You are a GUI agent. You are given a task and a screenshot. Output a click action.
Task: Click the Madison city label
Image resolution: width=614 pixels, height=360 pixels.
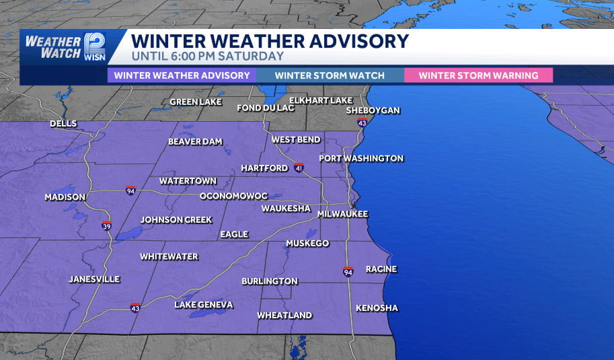[x=65, y=197]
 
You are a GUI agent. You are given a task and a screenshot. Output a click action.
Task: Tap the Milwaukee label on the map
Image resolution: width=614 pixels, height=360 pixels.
[x=343, y=213]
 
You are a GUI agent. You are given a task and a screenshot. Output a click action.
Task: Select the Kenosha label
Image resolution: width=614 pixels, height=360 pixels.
[x=377, y=308]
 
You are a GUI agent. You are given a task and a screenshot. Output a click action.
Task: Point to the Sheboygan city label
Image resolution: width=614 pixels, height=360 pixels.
[x=373, y=110]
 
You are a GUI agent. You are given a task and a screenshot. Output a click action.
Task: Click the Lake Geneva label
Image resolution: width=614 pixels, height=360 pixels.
[x=204, y=305]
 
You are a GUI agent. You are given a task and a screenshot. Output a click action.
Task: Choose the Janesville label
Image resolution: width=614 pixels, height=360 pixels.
[x=94, y=279]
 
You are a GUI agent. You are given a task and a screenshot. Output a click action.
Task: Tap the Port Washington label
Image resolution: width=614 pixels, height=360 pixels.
[x=361, y=158]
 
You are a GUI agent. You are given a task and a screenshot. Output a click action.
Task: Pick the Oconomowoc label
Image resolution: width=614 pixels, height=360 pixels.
[x=233, y=196]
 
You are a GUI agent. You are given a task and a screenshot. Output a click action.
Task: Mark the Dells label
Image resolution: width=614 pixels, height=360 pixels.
[x=63, y=124]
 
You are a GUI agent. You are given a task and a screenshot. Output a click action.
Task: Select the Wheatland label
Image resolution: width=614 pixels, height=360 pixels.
[x=284, y=315]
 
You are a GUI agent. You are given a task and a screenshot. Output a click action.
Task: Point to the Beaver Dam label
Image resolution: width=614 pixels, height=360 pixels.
[x=195, y=141]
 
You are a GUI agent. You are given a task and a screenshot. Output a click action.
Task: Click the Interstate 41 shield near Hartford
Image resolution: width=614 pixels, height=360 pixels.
[x=299, y=167]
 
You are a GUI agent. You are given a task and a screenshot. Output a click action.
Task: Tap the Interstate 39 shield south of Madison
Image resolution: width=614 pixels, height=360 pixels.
[x=106, y=226]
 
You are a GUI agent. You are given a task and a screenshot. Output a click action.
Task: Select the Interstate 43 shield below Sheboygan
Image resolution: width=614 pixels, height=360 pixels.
[x=362, y=122]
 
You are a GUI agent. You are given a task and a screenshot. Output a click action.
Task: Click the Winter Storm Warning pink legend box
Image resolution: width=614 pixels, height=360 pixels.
[x=478, y=75]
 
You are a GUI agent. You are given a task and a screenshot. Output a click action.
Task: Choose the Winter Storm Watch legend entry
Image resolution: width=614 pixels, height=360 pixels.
[x=330, y=75]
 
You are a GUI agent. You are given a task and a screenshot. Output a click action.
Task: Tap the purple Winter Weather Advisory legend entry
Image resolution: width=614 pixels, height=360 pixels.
[x=182, y=75]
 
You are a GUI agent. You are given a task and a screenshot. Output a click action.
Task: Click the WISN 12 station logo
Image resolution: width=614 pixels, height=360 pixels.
[x=93, y=46]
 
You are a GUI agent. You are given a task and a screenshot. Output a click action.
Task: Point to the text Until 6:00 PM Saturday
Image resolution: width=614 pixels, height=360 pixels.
[x=208, y=57]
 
